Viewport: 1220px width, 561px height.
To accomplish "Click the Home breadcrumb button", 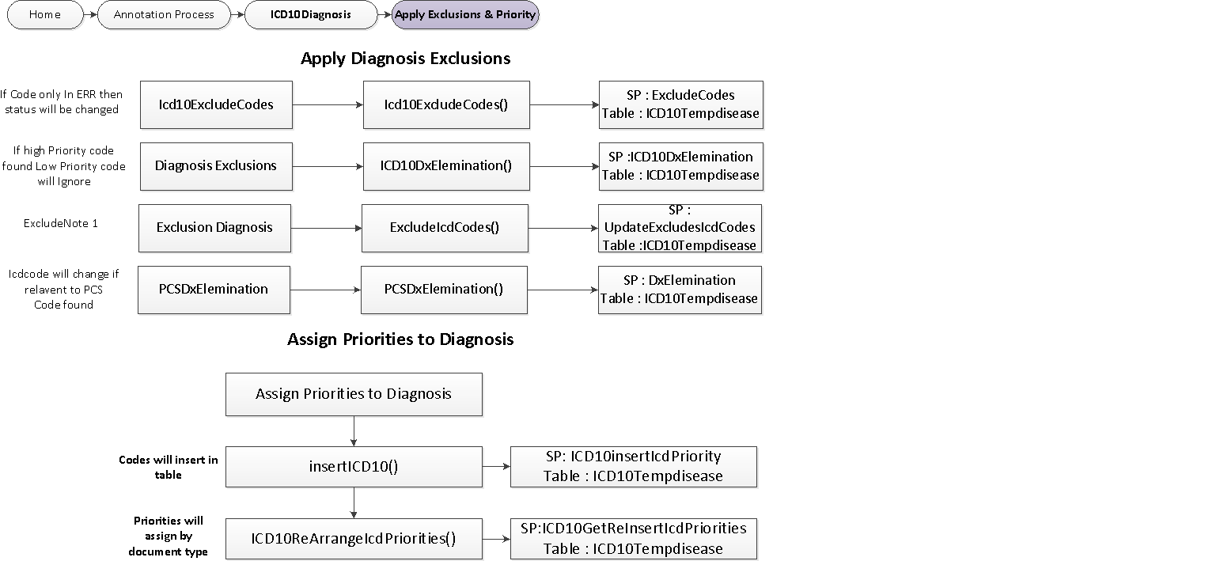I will point(45,14).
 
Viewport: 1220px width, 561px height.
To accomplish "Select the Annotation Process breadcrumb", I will point(164,14).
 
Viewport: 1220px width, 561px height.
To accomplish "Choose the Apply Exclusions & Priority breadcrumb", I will point(465,14).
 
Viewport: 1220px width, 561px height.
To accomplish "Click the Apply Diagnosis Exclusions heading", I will point(405,59).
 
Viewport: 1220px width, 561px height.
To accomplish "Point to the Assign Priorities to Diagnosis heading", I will point(400,339).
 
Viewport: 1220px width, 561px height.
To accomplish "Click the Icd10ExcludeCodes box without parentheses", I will point(216,104).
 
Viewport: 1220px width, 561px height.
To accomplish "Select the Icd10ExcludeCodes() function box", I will point(446,104).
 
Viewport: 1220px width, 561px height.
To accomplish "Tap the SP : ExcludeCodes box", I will point(680,104).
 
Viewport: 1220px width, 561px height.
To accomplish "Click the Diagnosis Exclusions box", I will point(216,166).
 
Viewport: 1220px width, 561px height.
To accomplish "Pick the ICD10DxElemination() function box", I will point(446,166).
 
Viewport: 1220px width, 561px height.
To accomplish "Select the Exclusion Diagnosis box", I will point(214,228).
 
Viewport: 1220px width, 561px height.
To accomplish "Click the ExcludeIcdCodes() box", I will point(445,228).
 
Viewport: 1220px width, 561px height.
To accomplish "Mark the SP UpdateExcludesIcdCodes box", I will point(680,228).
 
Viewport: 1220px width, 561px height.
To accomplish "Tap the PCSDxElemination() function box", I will point(444,290).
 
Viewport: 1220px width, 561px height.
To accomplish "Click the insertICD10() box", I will point(354,467).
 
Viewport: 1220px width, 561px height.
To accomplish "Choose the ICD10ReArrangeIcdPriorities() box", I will point(354,539).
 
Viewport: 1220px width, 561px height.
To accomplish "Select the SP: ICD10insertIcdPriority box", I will point(633,467).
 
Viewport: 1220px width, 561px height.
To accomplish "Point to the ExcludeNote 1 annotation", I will point(61,224).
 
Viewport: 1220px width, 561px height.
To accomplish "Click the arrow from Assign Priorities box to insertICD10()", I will point(354,431).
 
